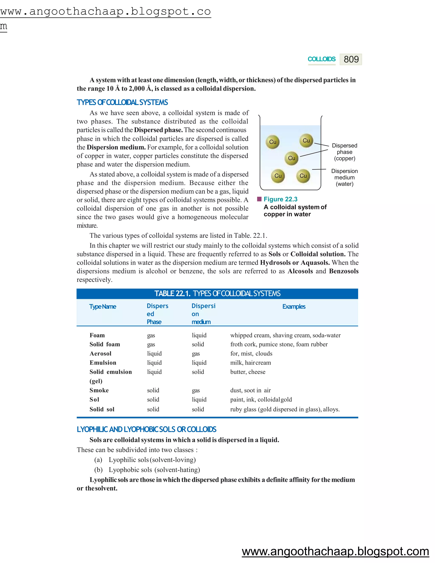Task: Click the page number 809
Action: pyautogui.click(x=351, y=59)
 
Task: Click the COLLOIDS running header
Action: pyautogui.click(x=321, y=59)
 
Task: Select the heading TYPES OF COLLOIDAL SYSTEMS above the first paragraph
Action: pyautogui.click(x=122, y=102)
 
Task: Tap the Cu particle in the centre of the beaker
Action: pyautogui.click(x=291, y=158)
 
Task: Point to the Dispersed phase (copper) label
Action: pyautogui.click(x=345, y=152)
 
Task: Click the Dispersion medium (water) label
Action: pyautogui.click(x=345, y=177)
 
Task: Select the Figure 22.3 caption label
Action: pyautogui.click(x=280, y=199)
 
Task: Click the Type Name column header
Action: pyautogui.click(x=103, y=307)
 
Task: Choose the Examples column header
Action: pyautogui.click(x=294, y=307)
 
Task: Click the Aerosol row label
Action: pyautogui.click(x=100, y=354)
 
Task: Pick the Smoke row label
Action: pyautogui.click(x=99, y=390)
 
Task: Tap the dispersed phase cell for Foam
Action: pyautogui.click(x=151, y=335)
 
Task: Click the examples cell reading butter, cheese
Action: pyautogui.click(x=248, y=372)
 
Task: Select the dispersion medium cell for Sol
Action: pyautogui.click(x=199, y=399)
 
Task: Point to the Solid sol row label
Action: pyautogui.click(x=102, y=409)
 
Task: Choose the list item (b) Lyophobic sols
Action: pyautogui.click(x=147, y=470)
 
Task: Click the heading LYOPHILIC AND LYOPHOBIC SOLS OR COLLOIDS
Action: pyautogui.click(x=146, y=429)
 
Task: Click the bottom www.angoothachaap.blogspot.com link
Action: pyautogui.click(x=335, y=551)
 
